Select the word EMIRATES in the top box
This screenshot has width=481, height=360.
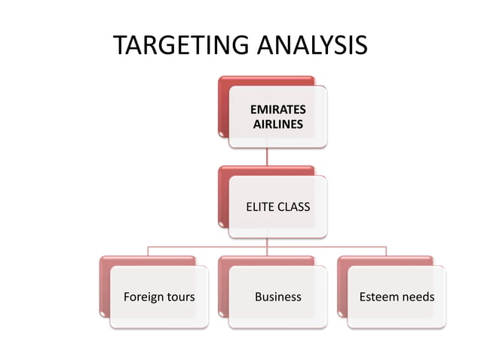[278, 111]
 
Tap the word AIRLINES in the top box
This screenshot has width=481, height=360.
[278, 124]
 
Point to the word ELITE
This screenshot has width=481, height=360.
[260, 206]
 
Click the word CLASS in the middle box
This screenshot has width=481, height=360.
[294, 206]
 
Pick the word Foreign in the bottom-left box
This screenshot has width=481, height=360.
[142, 297]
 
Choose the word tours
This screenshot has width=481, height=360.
[180, 297]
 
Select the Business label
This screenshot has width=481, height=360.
[277, 297]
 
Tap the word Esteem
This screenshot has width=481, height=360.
[379, 297]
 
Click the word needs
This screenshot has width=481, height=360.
[418, 297]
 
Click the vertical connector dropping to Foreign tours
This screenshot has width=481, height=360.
[148, 251]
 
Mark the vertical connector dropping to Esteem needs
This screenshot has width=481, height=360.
[386, 251]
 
